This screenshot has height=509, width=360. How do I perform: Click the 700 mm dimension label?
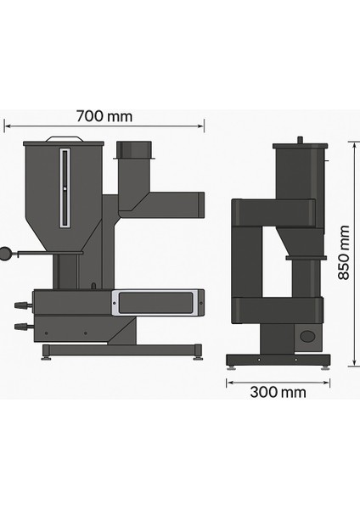point(104,116)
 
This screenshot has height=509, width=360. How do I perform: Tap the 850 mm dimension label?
point(343,252)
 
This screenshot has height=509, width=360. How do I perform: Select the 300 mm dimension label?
point(278,392)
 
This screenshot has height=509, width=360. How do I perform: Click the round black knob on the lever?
point(6,254)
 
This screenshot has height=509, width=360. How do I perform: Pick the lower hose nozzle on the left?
point(23,326)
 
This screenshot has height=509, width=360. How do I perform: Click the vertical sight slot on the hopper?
point(65,188)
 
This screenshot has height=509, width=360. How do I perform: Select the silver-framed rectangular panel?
point(155,303)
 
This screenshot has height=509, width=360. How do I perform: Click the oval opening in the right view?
point(307,336)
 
